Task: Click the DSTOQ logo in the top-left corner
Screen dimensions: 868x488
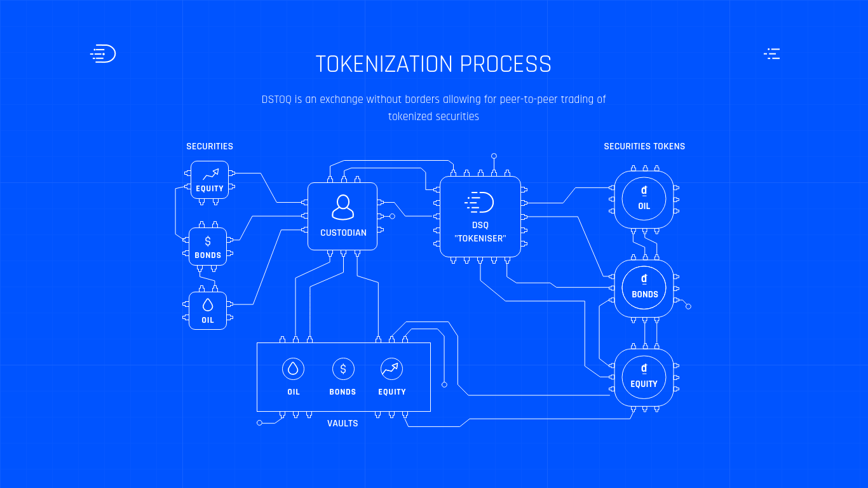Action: [103, 53]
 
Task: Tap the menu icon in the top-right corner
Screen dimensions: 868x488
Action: [772, 54]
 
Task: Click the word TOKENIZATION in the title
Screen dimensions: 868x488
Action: [384, 64]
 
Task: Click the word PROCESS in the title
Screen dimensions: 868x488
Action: [506, 64]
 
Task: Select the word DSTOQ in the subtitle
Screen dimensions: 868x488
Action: [276, 100]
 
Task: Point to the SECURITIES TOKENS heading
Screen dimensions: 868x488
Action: [644, 147]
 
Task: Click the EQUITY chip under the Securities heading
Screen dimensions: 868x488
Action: [210, 180]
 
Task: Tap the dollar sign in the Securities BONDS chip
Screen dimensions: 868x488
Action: [208, 241]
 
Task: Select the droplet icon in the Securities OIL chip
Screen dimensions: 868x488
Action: [208, 305]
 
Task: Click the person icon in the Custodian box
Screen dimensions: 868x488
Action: [342, 207]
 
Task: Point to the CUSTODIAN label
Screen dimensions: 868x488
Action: [343, 233]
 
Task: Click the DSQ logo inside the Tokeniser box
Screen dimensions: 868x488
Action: [479, 202]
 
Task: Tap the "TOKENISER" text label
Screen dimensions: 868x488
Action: [480, 239]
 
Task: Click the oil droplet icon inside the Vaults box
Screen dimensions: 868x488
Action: [294, 369]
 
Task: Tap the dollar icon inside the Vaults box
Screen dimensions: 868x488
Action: [343, 369]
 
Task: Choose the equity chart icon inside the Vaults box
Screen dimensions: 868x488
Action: [392, 369]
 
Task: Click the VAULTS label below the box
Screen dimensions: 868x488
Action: [342, 423]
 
